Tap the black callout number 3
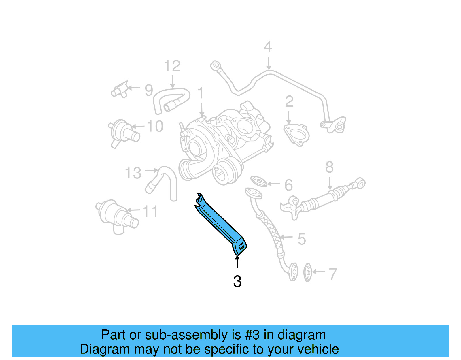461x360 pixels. point(237,281)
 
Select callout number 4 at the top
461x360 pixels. point(268,47)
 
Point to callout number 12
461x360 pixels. point(172,66)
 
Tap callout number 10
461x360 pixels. point(155,126)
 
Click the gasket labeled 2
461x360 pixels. point(296,134)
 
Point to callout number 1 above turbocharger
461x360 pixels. point(201,94)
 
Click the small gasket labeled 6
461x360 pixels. point(258,181)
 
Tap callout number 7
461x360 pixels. point(332,274)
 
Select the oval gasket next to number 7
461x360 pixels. point(308,272)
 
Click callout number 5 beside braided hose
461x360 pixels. point(301,239)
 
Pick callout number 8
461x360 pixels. point(329,167)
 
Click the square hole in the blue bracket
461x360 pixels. point(241,246)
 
